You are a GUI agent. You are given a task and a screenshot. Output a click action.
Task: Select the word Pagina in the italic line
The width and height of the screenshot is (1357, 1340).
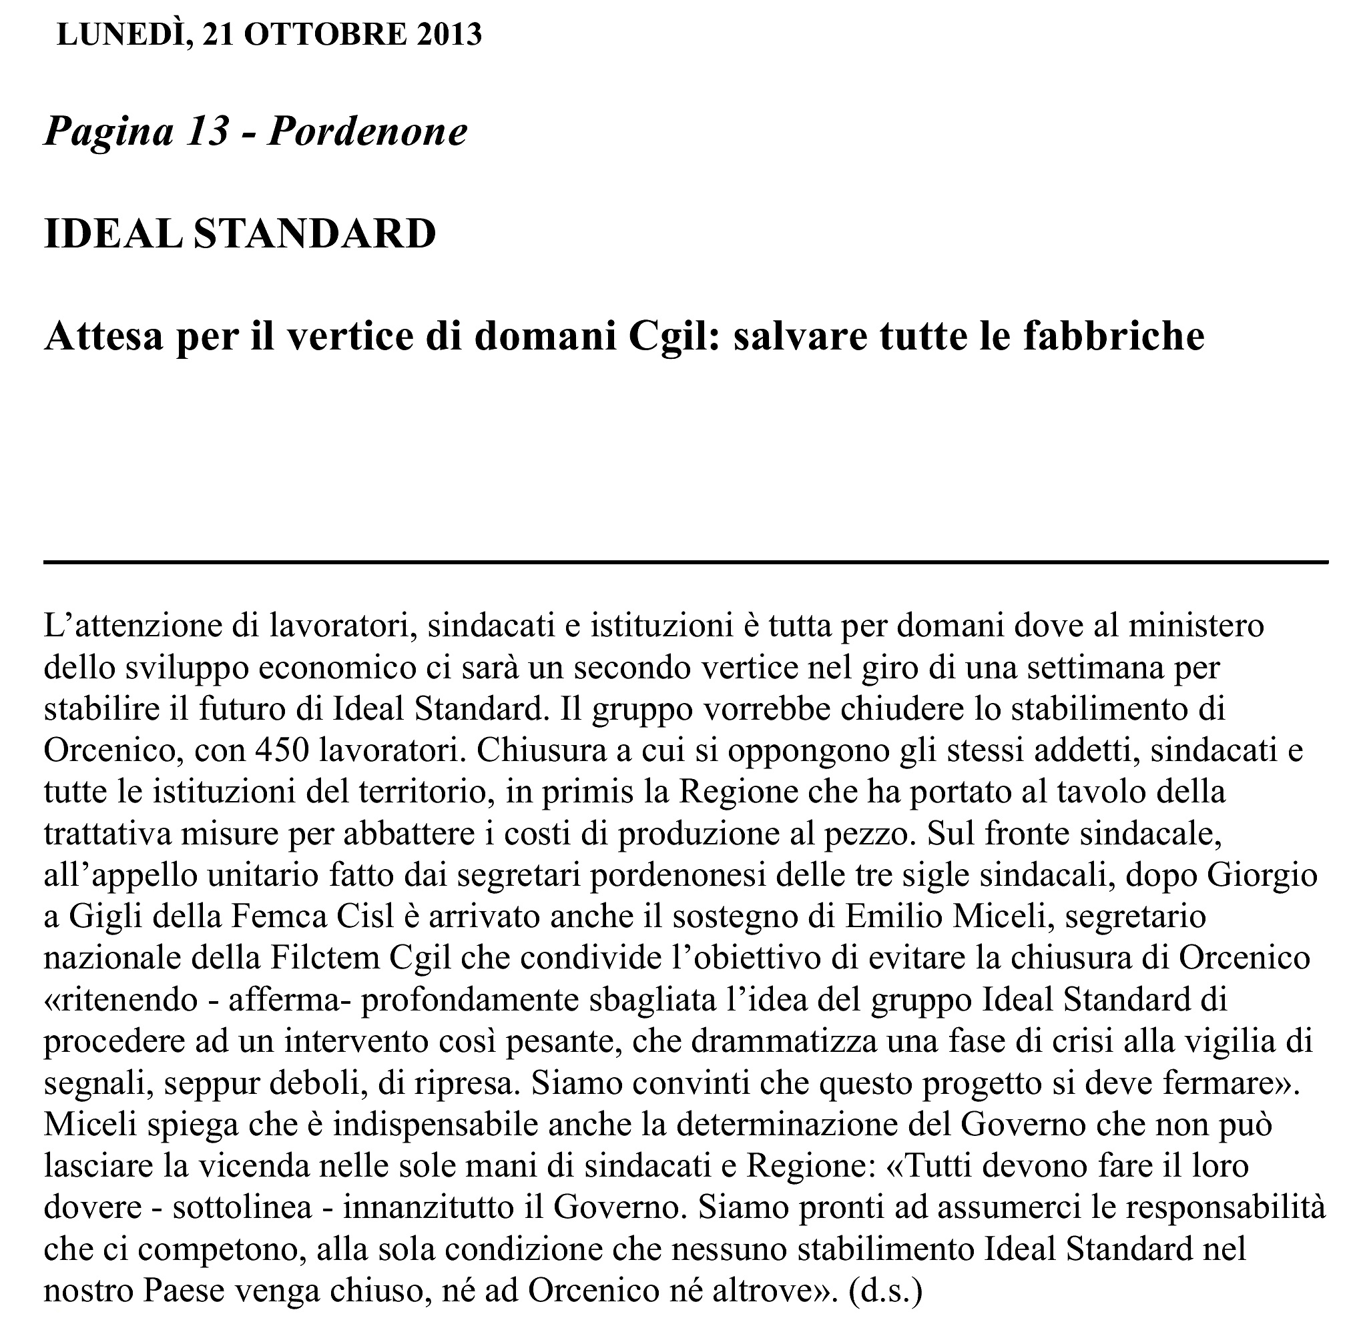[107, 131]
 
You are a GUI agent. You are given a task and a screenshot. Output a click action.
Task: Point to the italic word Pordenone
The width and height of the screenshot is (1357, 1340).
[367, 131]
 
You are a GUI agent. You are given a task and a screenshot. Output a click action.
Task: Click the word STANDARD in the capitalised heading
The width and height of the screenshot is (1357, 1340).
[314, 233]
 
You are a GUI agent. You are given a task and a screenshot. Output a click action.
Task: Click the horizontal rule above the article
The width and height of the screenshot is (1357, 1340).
[686, 562]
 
